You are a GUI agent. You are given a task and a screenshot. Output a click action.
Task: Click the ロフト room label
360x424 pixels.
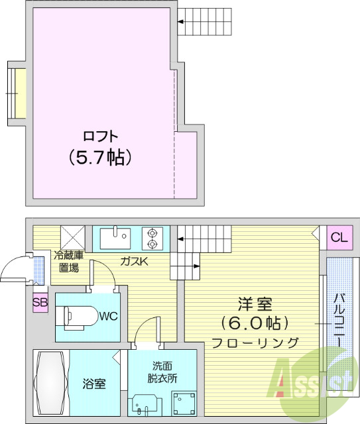point(100,136)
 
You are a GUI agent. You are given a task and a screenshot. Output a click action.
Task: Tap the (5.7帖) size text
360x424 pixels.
point(100,157)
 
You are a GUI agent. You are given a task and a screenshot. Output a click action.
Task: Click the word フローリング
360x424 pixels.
point(255,343)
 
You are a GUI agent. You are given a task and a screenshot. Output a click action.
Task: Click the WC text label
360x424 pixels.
point(109,316)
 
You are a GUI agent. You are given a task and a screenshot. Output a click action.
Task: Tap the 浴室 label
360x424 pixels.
point(93,384)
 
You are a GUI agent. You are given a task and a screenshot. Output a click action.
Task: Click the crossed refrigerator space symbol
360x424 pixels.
point(72,237)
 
